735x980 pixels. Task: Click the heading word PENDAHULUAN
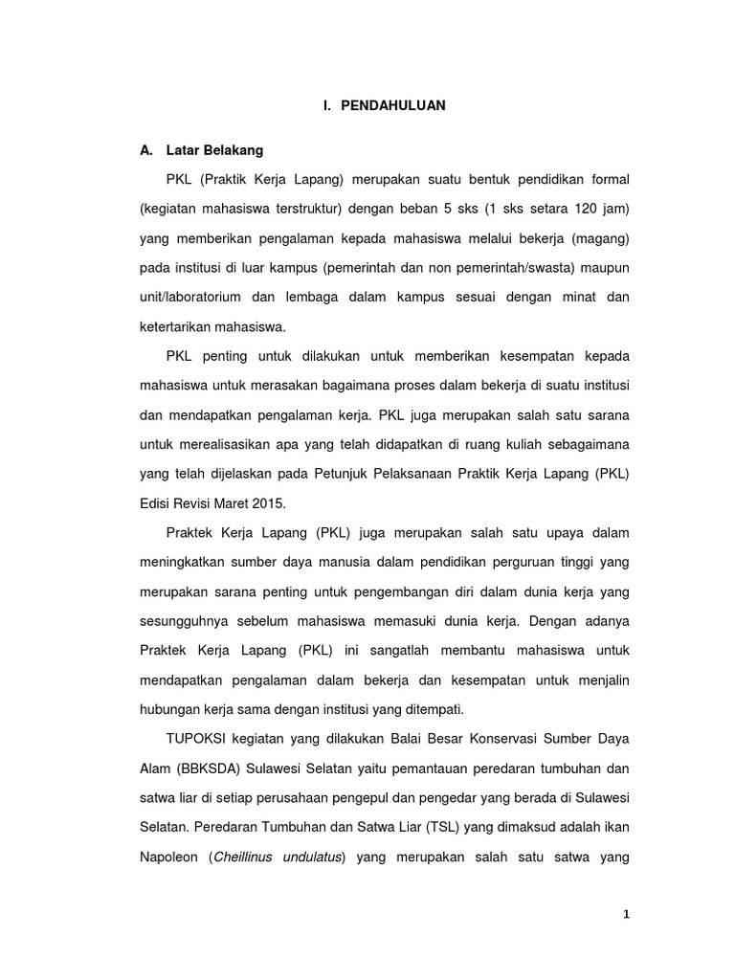(393, 106)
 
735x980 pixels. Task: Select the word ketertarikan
(179, 326)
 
